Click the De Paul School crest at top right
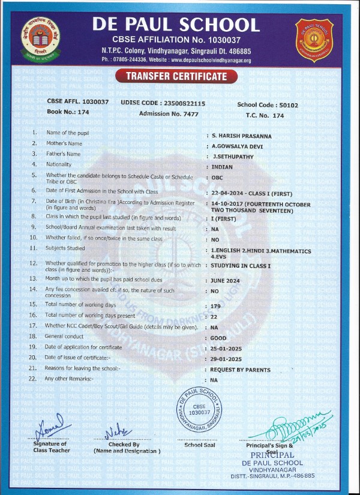coord(314,37)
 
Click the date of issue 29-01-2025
coord(227,359)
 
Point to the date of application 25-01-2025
coord(227,349)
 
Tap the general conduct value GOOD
coord(218,338)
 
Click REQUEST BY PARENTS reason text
coord(241,370)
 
